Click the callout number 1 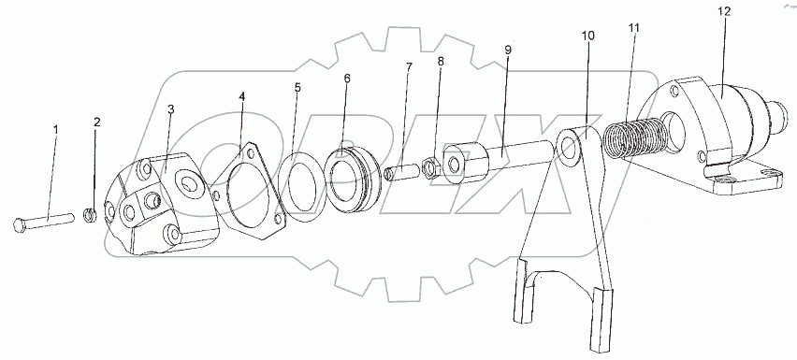(x=56, y=129)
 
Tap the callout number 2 (x=97, y=122)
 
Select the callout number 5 (x=297, y=87)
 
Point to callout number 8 (x=441, y=62)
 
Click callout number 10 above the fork (x=588, y=36)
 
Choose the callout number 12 (x=724, y=11)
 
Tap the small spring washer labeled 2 (x=90, y=215)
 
